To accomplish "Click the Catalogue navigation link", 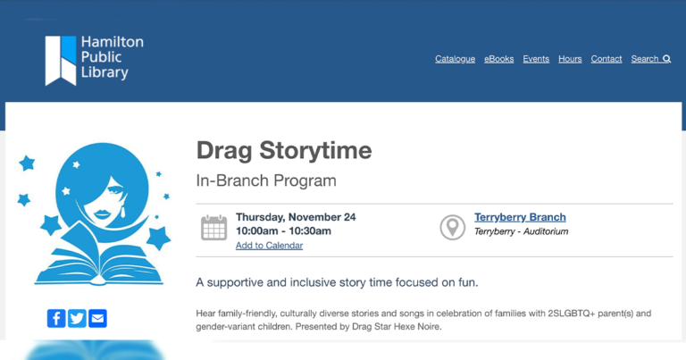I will (x=455, y=59).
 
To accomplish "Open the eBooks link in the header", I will (x=498, y=59).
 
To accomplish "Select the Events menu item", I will (x=536, y=59).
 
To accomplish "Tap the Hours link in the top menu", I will (x=570, y=59).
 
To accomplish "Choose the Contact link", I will (x=607, y=59).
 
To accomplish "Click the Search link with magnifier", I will (x=650, y=59).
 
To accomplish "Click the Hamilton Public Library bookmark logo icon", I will (x=61, y=60).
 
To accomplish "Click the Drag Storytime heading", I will (x=284, y=149).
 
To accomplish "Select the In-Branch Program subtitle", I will (x=266, y=180).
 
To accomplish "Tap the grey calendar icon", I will (x=213, y=228).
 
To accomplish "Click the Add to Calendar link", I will (x=269, y=246).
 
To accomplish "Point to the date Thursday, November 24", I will (x=296, y=217).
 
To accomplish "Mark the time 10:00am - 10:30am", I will (x=283, y=231).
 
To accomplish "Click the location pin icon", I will (x=453, y=227).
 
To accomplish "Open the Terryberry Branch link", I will (x=520, y=217).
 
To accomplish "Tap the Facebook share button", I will (x=56, y=318).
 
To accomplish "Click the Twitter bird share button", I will (x=77, y=318).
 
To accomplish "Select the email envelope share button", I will (x=97, y=318).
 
